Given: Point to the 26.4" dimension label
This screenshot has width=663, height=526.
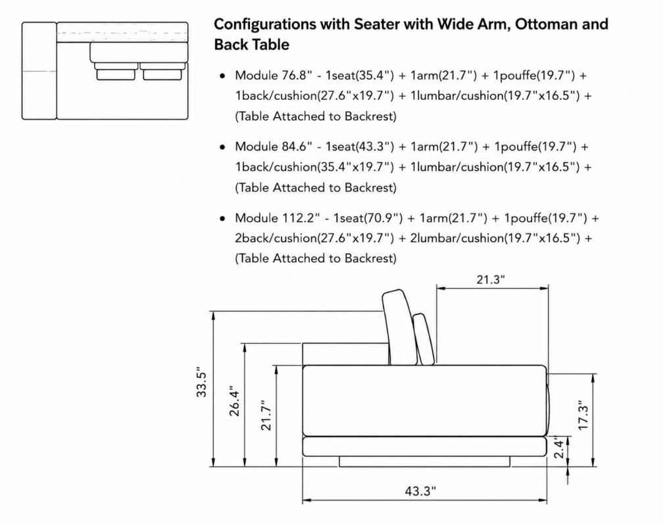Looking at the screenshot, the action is [234, 401].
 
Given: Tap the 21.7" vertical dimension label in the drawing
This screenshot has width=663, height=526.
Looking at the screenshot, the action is [266, 416].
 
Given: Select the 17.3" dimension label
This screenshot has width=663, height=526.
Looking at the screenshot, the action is [583, 416].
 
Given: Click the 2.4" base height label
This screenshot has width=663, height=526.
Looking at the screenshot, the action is [559, 448].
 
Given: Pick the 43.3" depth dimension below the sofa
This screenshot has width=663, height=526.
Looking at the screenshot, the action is [420, 491].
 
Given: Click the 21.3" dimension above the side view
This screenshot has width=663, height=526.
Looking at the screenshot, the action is [491, 279].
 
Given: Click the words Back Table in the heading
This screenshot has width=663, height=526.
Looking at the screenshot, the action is [251, 45].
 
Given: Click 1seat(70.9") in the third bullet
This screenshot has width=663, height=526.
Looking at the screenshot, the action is [368, 218].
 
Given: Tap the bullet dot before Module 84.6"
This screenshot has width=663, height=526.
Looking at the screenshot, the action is [222, 147].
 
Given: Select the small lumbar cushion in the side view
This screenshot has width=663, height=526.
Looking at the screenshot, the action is [424, 339].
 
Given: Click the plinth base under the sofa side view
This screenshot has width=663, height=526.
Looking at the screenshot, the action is [424, 462].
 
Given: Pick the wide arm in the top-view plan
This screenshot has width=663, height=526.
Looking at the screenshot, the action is [39, 71].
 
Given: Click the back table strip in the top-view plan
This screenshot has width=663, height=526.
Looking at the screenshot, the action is [122, 32].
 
